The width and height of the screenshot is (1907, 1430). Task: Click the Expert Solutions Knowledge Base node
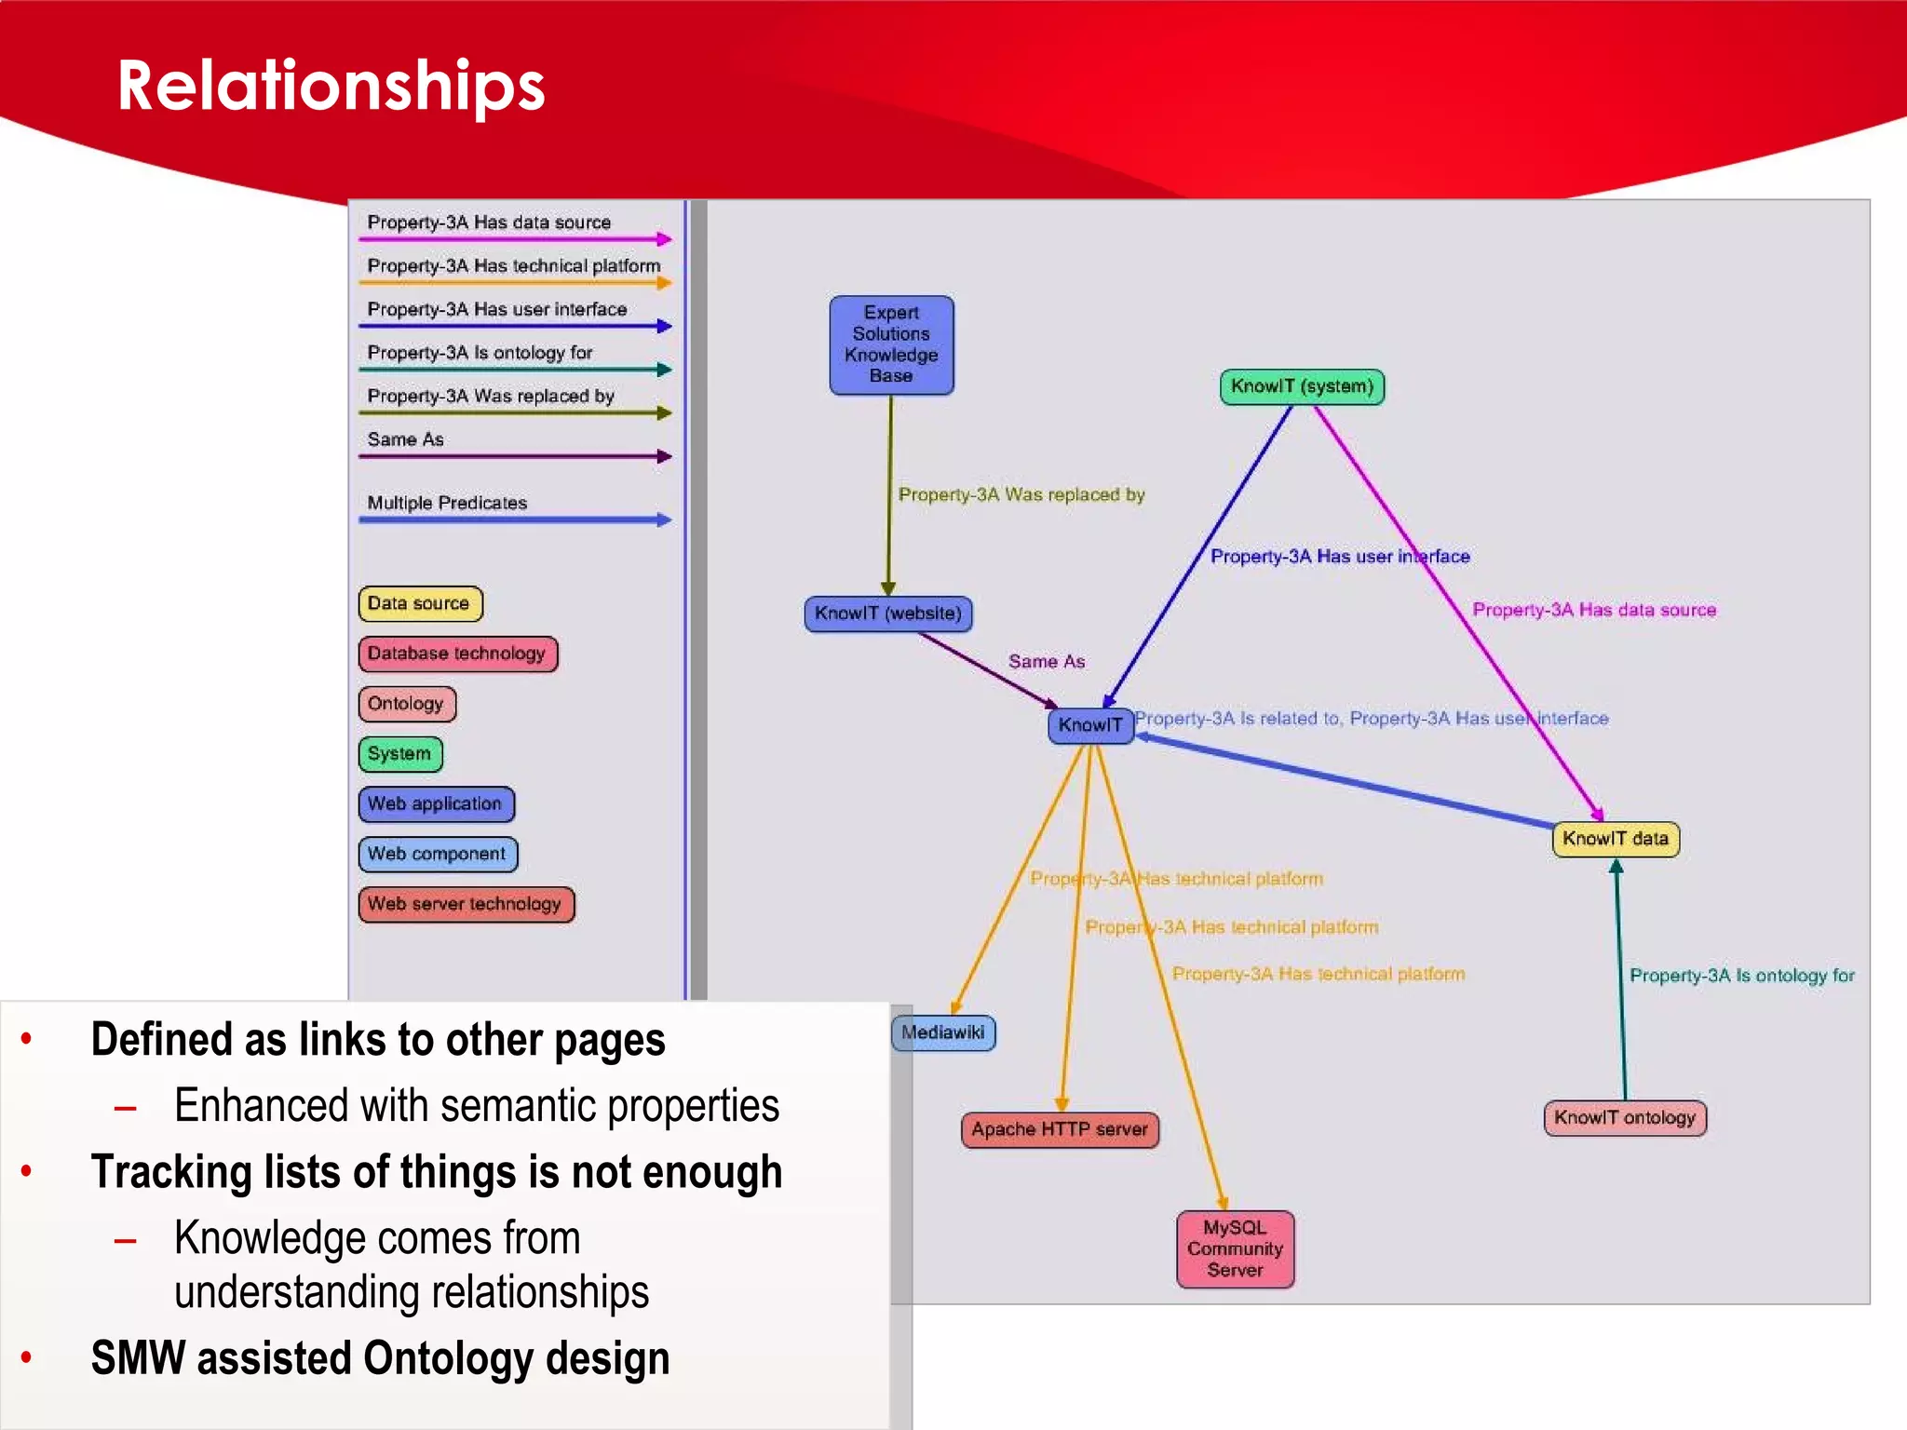[891, 344]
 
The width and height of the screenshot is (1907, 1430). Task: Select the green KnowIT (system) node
[1302, 386]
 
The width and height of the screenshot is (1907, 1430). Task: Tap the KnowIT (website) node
[888, 614]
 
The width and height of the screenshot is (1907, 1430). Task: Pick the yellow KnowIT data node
[1616, 839]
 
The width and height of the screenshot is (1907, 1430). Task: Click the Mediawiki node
[943, 1032]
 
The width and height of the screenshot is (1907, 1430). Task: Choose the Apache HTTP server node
[1060, 1129]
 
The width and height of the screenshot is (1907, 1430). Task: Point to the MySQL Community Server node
[1235, 1248]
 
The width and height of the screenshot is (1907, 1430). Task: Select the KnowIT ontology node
[1625, 1117]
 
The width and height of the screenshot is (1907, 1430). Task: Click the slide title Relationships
[331, 86]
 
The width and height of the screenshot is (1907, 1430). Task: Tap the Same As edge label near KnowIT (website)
[1047, 662]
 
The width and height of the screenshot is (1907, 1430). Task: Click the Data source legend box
[420, 603]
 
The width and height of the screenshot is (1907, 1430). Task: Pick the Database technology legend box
[457, 654]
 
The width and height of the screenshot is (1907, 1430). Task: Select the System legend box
[399, 754]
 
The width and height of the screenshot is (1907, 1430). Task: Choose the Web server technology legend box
[466, 904]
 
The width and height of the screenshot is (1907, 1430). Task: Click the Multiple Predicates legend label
[447, 503]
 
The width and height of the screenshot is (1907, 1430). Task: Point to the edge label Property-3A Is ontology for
[1741, 976]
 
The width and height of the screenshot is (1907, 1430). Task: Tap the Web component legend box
[437, 854]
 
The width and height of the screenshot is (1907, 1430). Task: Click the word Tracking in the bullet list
[171, 1172]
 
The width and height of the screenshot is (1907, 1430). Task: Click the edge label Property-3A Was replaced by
[1021, 495]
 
